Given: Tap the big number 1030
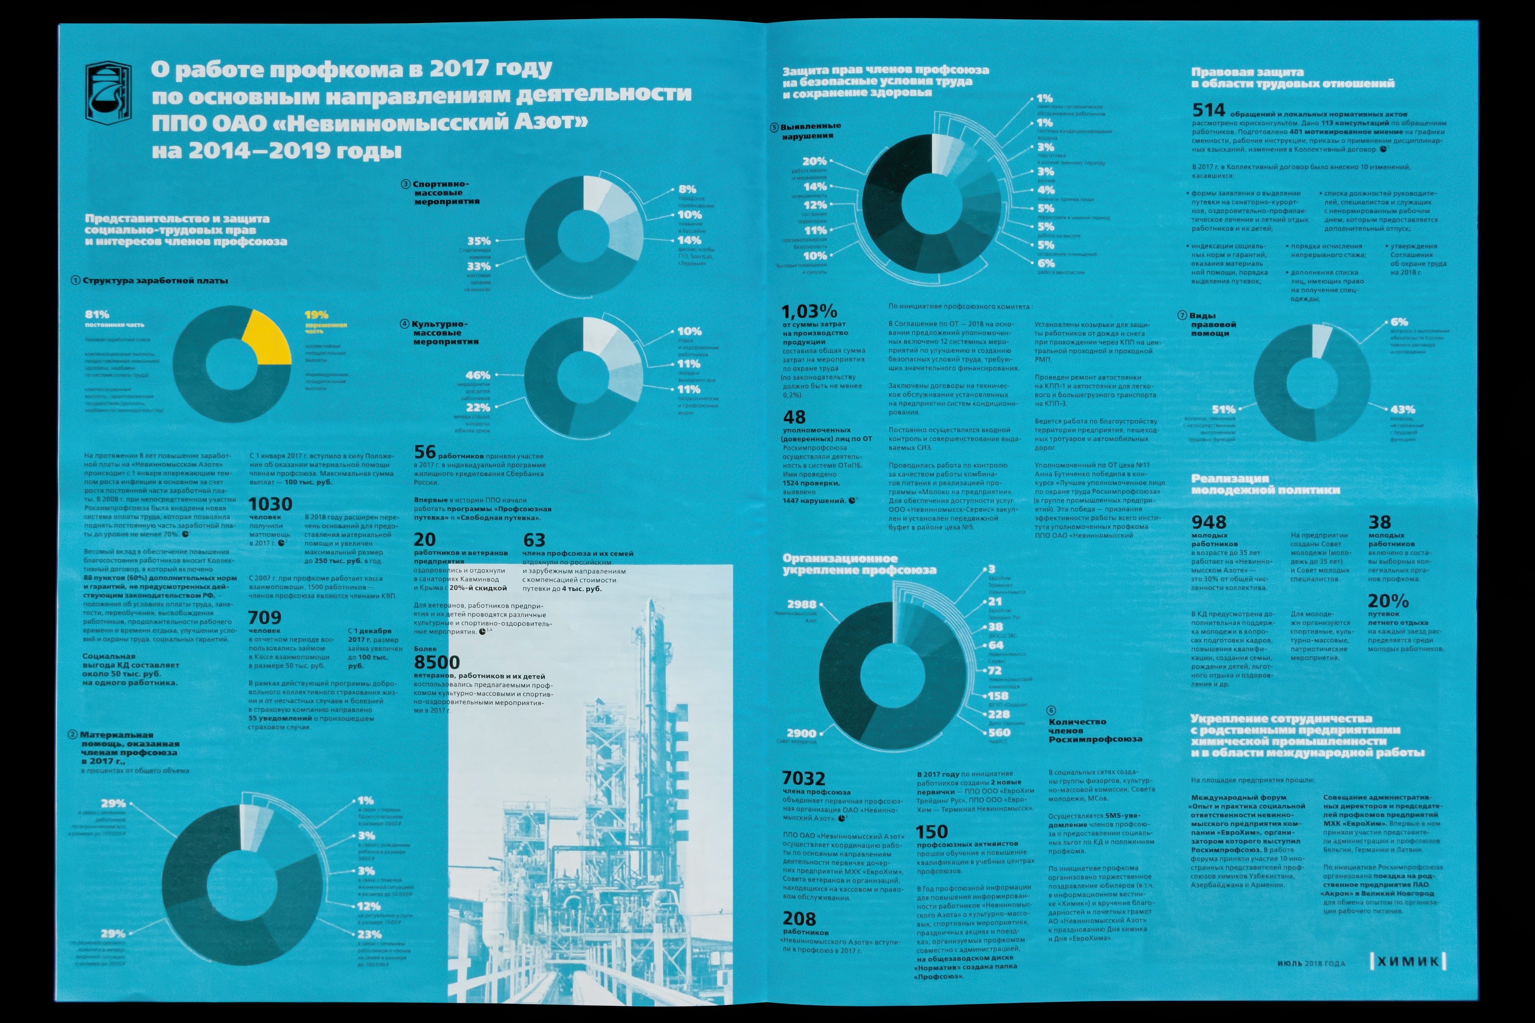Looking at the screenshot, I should coord(270,504).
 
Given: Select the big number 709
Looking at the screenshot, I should coord(264,617).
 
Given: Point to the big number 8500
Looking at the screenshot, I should coord(437,662).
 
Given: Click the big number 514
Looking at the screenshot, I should coord(1209,110).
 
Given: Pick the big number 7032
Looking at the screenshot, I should coord(803,778).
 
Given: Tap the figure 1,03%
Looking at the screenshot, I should coord(809,311).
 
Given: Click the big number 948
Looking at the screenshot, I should coord(1209,522).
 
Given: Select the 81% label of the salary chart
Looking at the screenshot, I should coord(97,315).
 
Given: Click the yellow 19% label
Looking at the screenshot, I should coord(317,315).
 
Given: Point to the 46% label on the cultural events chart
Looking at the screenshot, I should coord(477,375).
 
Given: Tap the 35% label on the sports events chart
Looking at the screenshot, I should coord(479,241).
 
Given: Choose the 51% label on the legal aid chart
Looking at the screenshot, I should coord(1223,410).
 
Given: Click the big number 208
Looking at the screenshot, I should coord(799,918).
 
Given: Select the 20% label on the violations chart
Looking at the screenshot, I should coord(814,161).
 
